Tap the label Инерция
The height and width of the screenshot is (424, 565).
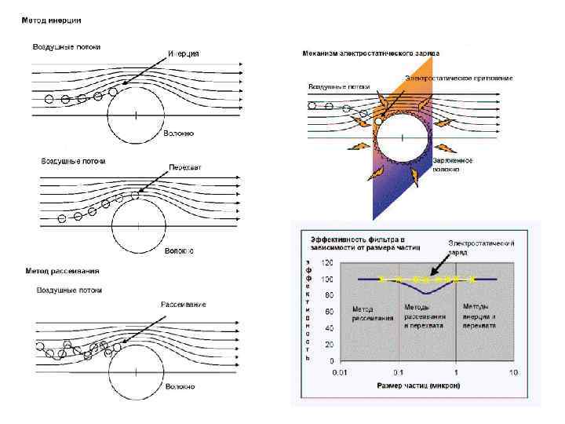coord(183,53)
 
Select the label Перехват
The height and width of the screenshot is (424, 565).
coord(184,168)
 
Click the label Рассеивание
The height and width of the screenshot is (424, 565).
coord(184,304)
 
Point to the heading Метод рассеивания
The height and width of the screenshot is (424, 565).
coord(62,272)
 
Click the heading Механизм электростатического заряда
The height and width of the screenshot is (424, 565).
coord(370,53)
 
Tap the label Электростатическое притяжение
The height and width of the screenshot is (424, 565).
coord(459,78)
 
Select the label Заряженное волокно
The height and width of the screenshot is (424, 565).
coord(453,164)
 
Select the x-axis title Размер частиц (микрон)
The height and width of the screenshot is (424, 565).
coord(418,386)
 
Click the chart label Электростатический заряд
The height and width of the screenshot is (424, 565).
coord(481,248)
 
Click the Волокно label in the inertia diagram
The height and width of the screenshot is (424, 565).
coord(178,133)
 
